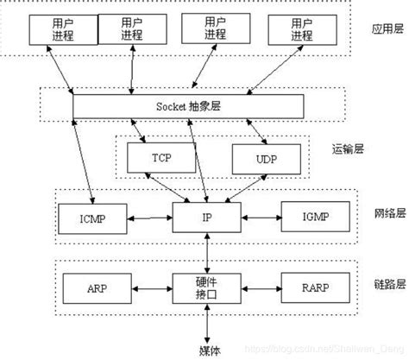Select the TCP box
click(x=161, y=156)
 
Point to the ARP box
click(x=93, y=287)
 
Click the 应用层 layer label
click(x=382, y=28)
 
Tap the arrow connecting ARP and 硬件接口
click(x=150, y=287)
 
